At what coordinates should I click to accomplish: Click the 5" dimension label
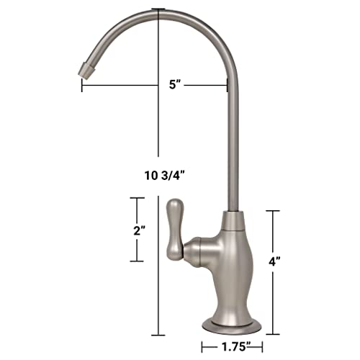(174, 84)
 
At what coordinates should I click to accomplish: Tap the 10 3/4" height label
(165, 176)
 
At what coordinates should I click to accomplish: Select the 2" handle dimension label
(140, 230)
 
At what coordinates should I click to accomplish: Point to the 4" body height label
(274, 261)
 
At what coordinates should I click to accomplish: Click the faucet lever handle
(175, 230)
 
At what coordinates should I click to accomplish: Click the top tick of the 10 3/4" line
(158, 9)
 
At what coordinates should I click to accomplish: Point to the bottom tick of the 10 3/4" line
(158, 336)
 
